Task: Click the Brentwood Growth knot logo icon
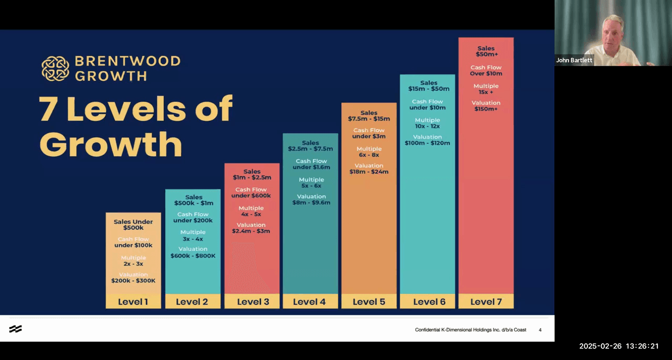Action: pyautogui.click(x=55, y=69)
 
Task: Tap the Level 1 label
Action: pyautogui.click(x=133, y=302)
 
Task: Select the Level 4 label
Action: pyautogui.click(x=309, y=302)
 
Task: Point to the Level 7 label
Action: pyautogui.click(x=486, y=302)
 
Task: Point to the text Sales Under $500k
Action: pyautogui.click(x=133, y=225)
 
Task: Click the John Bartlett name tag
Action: pyautogui.click(x=574, y=60)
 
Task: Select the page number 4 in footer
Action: pyautogui.click(x=540, y=330)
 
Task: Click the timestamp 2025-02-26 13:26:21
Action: pyautogui.click(x=618, y=346)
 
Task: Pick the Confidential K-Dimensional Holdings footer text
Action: pyautogui.click(x=470, y=330)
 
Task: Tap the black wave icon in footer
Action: pyautogui.click(x=15, y=329)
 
